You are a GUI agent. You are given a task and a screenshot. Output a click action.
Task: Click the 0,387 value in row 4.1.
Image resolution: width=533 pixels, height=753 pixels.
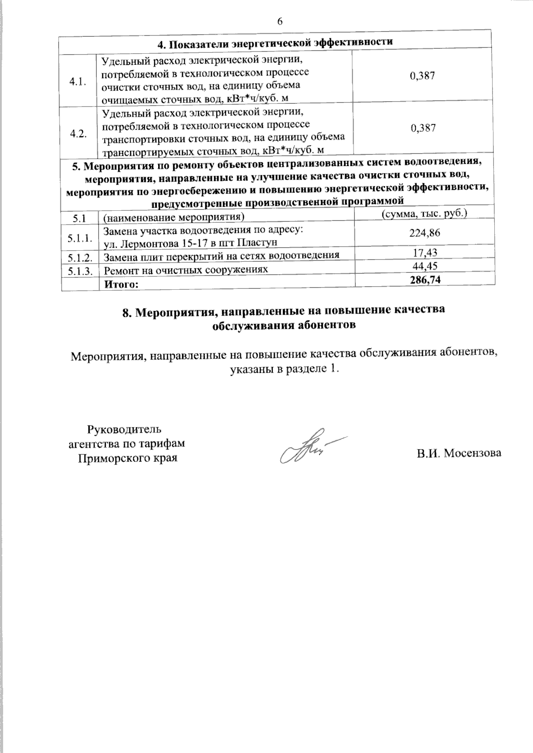click(422, 75)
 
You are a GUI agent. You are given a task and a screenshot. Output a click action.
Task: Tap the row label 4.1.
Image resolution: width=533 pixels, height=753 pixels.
click(78, 82)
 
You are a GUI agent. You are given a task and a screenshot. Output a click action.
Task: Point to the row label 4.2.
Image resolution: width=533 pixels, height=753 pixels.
click(78, 134)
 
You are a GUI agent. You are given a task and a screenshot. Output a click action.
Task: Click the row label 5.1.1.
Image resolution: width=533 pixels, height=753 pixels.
click(80, 238)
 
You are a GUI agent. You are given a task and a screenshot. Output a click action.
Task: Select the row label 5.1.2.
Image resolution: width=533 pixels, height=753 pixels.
click(80, 257)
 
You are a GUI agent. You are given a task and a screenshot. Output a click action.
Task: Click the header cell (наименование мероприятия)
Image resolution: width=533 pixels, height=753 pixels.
click(174, 217)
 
